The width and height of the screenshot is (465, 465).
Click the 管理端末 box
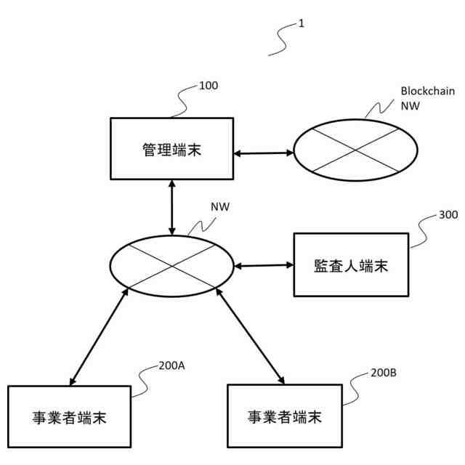[171, 150]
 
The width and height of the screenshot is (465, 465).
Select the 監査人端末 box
[351, 264]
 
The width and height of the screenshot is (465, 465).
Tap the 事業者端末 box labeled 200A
[70, 417]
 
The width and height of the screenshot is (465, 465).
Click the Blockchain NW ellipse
[355, 148]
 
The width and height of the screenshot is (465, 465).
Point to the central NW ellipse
[171, 266]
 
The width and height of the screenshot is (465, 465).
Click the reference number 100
[208, 86]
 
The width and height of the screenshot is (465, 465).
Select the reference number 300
[448, 216]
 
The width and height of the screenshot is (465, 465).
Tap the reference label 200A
[171, 365]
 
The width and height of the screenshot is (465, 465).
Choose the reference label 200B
[383, 372]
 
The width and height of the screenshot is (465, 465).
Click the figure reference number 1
[301, 23]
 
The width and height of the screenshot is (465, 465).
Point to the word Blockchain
[427, 92]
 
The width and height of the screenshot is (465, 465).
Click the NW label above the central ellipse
[220, 207]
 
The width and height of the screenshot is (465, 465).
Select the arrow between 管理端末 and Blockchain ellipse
[264, 153]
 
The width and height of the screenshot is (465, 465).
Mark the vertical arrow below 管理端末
[172, 207]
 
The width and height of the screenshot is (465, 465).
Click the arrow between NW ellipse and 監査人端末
[263, 265]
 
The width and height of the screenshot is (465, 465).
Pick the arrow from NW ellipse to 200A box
[99, 335]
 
